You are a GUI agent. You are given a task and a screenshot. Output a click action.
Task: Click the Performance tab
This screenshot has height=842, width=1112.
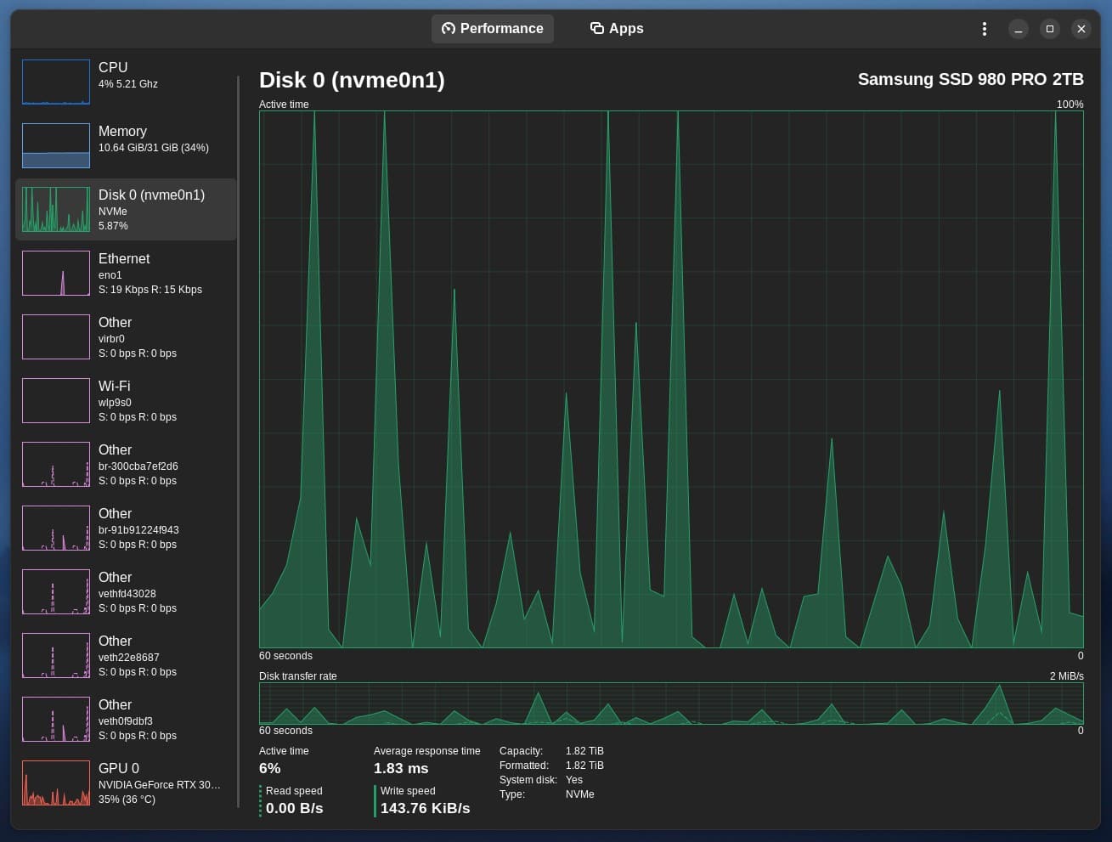(x=493, y=29)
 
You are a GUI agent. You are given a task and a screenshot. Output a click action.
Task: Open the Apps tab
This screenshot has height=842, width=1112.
(x=617, y=29)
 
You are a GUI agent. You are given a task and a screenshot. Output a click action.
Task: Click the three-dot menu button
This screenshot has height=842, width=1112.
(x=984, y=29)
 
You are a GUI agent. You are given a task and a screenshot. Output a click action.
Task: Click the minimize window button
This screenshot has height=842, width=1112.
(x=1018, y=29)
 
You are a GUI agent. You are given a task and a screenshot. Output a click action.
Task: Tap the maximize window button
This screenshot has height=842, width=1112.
(x=1049, y=29)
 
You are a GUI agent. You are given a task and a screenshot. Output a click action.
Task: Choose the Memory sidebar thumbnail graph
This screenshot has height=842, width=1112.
(x=56, y=145)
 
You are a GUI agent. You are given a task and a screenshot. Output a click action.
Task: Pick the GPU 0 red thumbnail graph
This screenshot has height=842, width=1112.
(x=56, y=783)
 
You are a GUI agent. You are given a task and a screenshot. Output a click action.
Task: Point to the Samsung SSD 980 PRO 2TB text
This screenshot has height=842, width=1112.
(x=970, y=80)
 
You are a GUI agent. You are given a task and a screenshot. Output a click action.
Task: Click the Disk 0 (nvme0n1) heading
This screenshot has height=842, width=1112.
(x=352, y=80)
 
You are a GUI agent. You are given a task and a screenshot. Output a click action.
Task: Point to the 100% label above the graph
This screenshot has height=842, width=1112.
(x=1070, y=105)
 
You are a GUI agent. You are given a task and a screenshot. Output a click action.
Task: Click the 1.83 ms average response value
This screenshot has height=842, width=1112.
(x=401, y=768)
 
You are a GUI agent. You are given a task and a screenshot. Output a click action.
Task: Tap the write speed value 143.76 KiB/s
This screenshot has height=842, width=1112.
(x=425, y=808)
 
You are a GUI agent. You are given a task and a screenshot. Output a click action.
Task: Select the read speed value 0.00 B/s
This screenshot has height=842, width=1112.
(x=294, y=808)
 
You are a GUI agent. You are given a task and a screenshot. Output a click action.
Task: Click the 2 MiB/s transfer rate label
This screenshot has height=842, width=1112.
(x=1066, y=676)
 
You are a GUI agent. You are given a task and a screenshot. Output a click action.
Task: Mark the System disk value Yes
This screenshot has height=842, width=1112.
(x=574, y=780)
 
